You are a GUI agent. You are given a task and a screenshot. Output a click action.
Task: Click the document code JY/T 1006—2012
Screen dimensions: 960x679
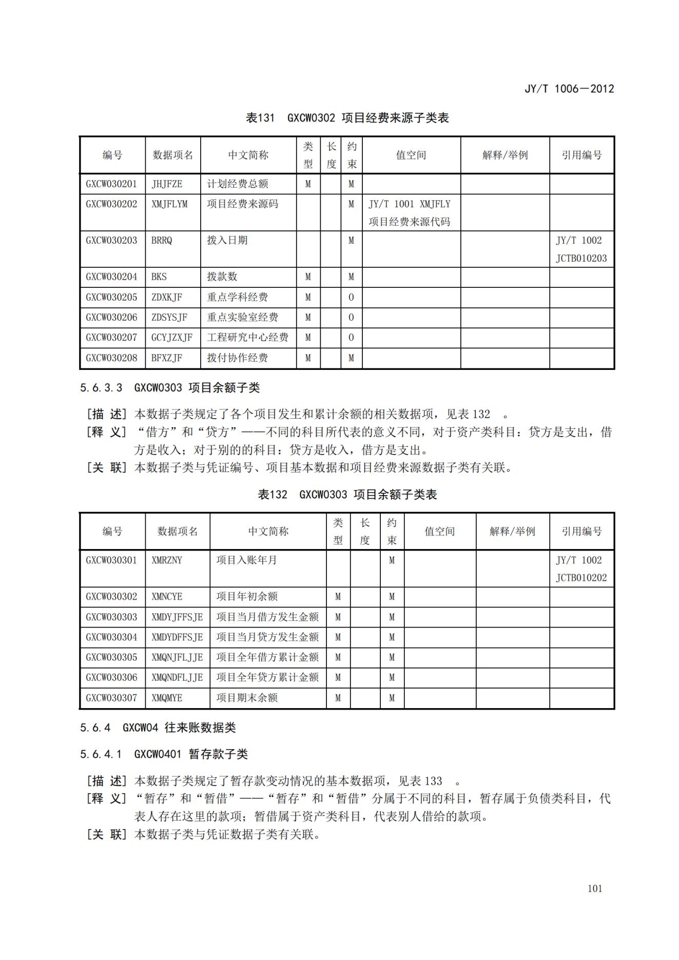point(569,88)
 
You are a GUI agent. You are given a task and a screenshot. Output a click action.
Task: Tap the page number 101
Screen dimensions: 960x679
point(594,889)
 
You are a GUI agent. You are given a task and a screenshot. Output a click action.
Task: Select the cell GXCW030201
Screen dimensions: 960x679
point(112,184)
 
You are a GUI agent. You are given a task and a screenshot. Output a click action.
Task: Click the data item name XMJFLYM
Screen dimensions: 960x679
point(169,204)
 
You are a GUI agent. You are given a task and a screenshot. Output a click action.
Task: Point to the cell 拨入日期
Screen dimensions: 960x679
point(227,240)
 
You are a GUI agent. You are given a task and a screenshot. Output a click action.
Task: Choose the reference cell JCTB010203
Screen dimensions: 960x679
point(581,258)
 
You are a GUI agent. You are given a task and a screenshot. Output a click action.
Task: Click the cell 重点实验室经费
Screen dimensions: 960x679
point(242,317)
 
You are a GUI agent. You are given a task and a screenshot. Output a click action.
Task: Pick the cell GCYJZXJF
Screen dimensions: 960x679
point(172,338)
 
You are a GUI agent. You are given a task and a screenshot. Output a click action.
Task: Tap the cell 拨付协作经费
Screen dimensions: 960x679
point(237,358)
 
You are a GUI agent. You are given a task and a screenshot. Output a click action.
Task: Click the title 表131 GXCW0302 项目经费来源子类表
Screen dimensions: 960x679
point(347,118)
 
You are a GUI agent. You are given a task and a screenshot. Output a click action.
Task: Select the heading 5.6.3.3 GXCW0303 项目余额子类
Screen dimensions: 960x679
point(170,387)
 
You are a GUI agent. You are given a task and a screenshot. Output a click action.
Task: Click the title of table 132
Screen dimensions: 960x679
point(347,495)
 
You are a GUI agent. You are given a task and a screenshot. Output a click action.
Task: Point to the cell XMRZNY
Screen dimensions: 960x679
point(167,560)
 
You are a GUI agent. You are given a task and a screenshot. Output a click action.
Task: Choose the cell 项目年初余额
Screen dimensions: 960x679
point(247,597)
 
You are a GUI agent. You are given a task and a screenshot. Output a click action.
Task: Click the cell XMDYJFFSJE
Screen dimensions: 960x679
point(177,617)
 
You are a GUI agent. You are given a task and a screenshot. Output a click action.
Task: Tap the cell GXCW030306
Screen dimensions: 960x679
point(112,677)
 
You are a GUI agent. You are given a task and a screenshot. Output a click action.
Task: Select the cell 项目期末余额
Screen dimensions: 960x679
point(247,698)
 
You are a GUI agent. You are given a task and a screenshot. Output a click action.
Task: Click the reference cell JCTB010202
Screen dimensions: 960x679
point(581,578)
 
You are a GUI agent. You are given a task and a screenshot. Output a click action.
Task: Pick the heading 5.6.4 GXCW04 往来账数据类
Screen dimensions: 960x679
point(158,727)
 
